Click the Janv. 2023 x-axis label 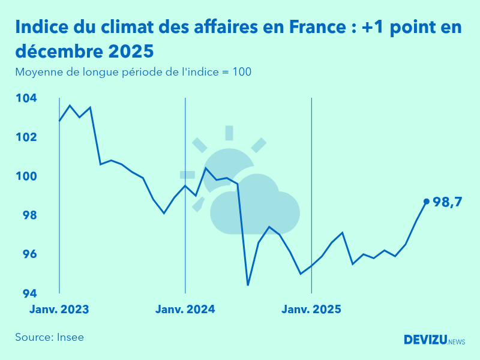(59, 310)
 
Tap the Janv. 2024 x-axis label (185, 310)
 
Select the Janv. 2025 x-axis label (311, 310)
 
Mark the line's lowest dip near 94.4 (248, 285)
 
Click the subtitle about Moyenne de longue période (133, 72)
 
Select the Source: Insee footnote (49, 337)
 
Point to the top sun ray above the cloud (229, 133)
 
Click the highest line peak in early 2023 (70, 106)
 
